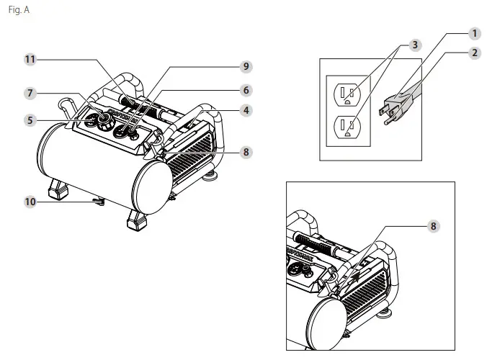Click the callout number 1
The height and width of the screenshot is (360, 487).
(x=474, y=33)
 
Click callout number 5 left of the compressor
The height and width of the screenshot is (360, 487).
(x=30, y=120)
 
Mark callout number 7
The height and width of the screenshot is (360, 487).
(x=30, y=94)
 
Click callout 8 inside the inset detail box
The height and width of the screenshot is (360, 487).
(x=433, y=226)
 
